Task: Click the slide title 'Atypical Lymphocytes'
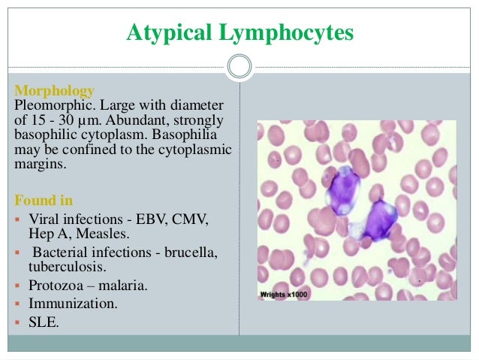[x=239, y=33]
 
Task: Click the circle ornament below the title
[x=239, y=66]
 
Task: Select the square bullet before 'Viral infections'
[x=18, y=219]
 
